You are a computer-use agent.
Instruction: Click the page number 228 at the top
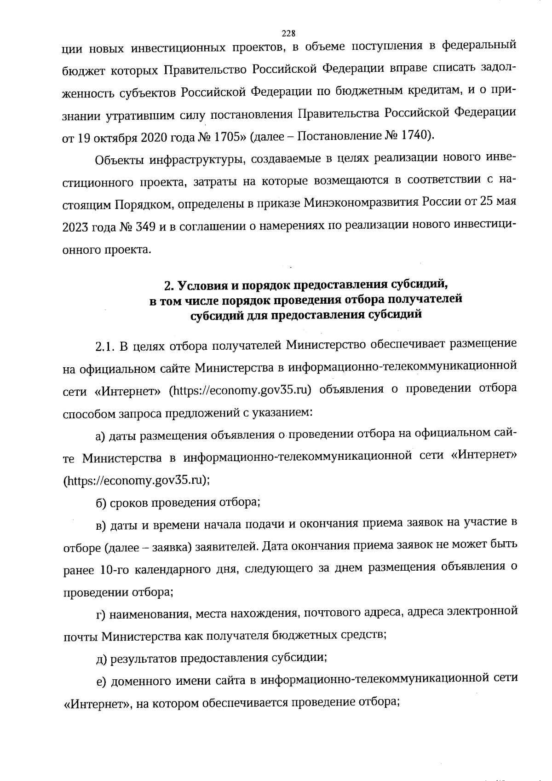point(288,33)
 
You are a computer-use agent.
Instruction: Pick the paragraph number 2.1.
point(105,345)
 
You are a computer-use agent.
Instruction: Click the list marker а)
point(101,436)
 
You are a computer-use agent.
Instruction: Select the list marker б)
point(101,503)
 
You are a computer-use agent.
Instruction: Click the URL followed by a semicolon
point(136,480)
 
